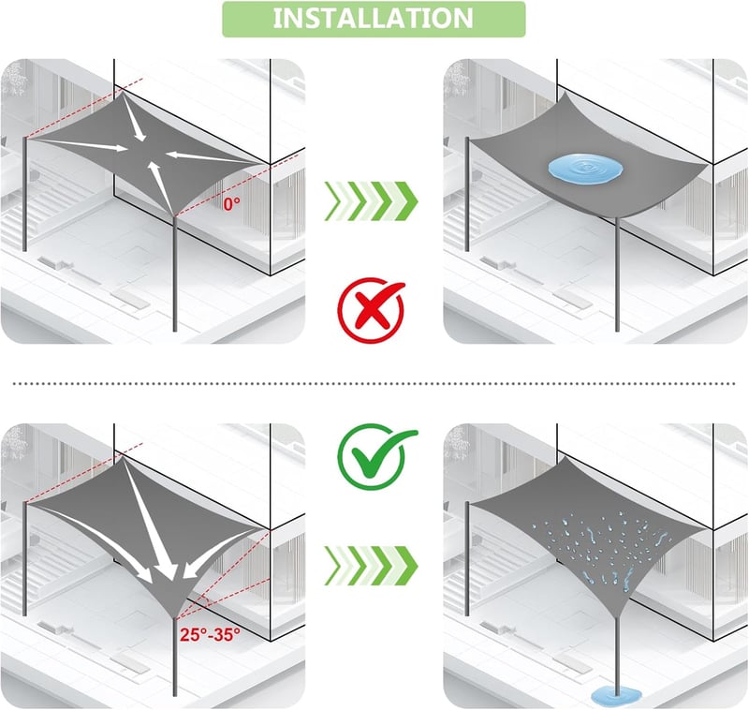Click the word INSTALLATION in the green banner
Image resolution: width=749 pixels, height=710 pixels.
373,18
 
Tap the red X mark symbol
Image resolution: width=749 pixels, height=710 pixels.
371,310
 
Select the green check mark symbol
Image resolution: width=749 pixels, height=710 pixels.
376,456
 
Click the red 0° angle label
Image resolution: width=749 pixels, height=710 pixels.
231,204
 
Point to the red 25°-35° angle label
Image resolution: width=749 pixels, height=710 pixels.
210,634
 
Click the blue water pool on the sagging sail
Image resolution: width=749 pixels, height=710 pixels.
586,169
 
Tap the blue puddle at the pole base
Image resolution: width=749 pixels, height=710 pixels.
616,696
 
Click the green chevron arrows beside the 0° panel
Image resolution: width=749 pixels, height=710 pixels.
371,201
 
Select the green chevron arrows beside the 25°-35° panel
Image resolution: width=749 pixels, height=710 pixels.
371,566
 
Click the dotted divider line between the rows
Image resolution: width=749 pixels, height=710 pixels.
374,383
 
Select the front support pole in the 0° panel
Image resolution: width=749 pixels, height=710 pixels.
175,274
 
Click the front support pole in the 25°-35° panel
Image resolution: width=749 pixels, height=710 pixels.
175,657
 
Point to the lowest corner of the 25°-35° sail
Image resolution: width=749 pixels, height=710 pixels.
175,618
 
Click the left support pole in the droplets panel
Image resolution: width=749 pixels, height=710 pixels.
467,558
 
